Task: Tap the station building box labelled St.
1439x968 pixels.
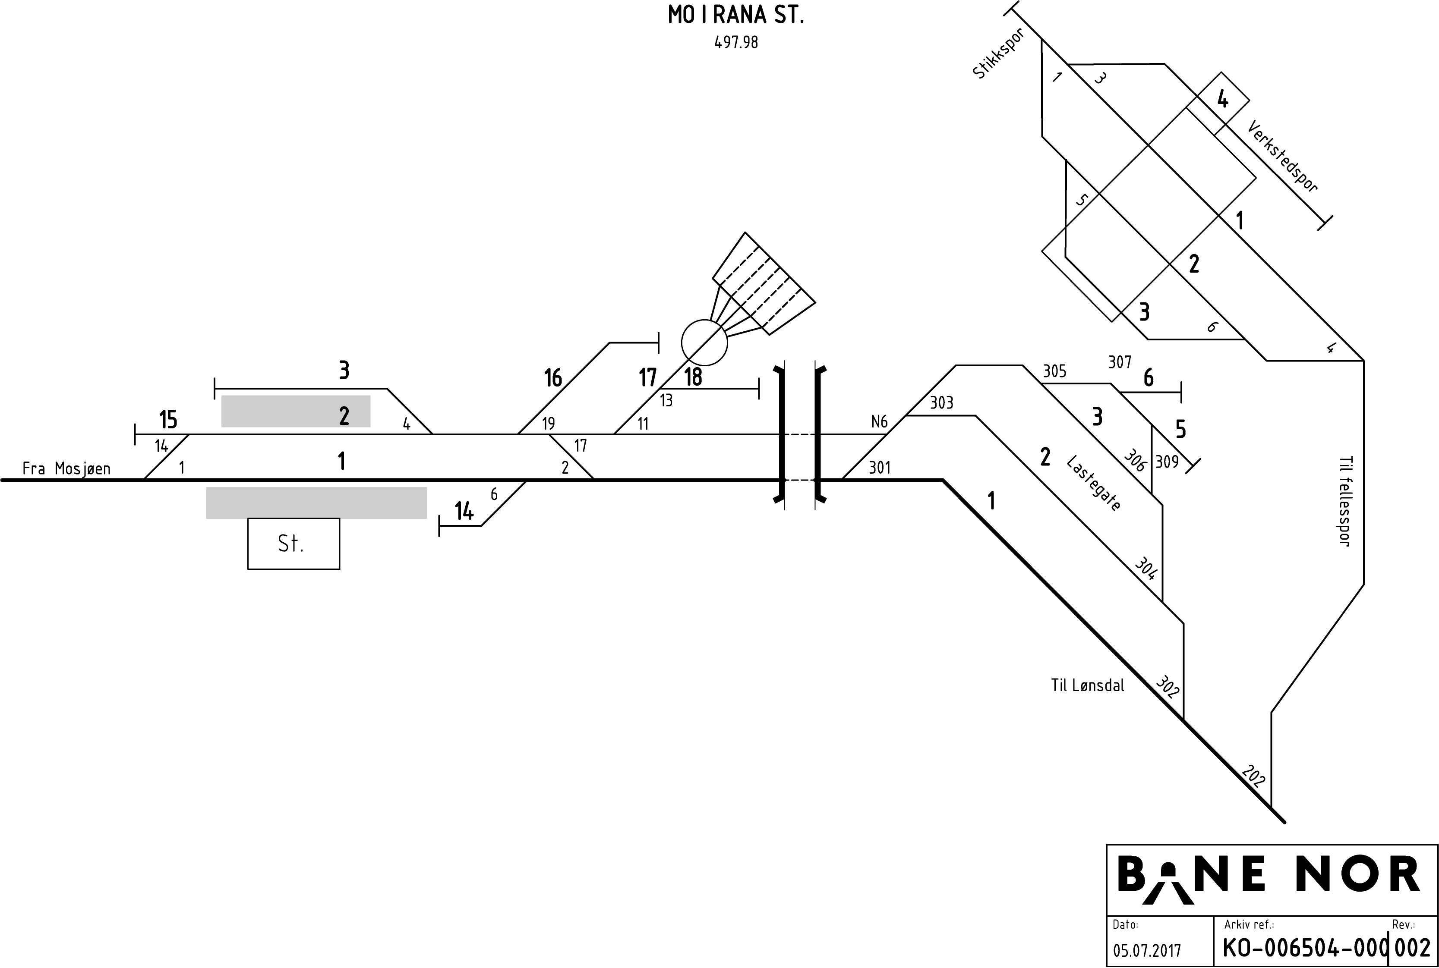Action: [293, 543]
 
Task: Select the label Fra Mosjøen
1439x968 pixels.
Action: [66, 468]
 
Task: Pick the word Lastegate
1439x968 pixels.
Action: [1093, 484]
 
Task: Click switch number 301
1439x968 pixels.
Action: [880, 467]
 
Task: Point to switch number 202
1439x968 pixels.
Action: [1253, 776]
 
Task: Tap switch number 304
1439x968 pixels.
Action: [1146, 569]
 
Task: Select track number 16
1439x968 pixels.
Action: [553, 378]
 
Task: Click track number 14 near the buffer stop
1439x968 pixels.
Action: [464, 511]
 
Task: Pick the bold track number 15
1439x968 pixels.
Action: [168, 420]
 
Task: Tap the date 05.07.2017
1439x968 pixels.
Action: [1146, 951]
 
